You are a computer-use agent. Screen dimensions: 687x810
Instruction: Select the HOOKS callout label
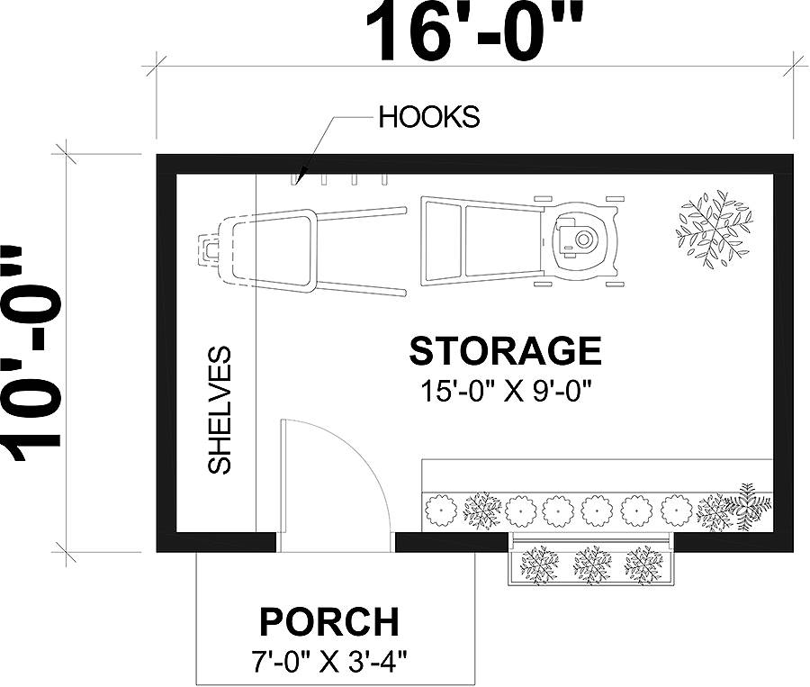[428, 117]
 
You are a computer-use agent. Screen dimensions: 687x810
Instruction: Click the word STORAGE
[505, 350]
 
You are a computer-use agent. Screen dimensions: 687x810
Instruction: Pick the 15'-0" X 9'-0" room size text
[509, 391]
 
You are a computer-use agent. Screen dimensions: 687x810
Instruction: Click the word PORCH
[328, 621]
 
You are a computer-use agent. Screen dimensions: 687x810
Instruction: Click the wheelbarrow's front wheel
[210, 246]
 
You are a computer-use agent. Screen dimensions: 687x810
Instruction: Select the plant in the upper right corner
[714, 230]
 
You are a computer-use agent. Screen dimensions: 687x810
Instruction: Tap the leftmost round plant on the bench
[442, 511]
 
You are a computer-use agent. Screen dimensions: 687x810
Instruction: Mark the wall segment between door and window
[450, 541]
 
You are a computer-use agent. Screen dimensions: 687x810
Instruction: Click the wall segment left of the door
[216, 541]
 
